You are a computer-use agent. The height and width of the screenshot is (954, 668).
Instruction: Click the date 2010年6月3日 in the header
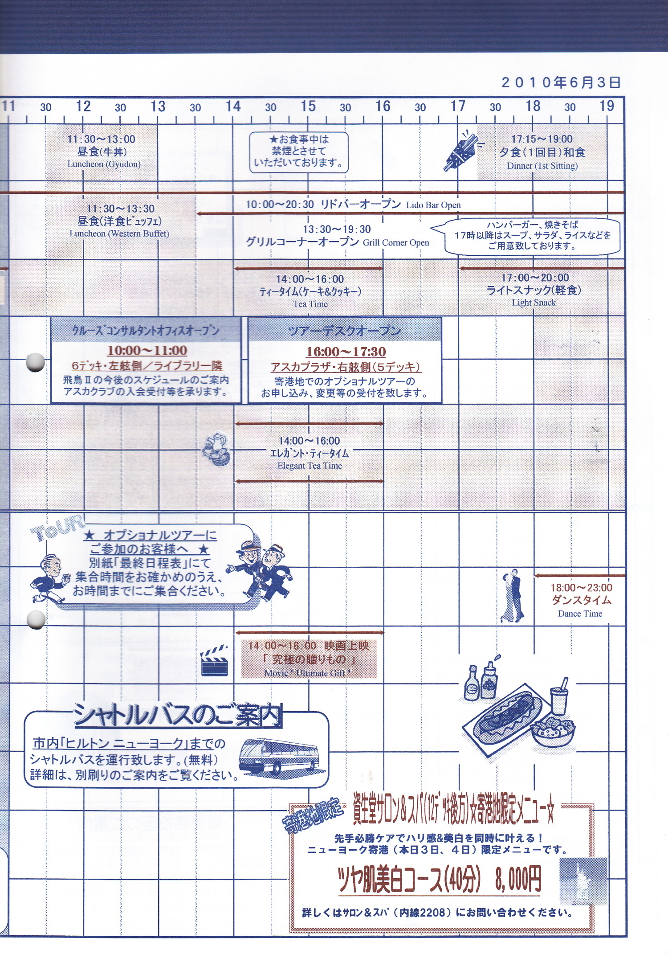pos(561,82)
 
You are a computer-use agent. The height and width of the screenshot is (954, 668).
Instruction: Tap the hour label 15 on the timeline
pos(308,106)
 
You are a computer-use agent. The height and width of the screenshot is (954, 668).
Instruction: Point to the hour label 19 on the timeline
pos(607,106)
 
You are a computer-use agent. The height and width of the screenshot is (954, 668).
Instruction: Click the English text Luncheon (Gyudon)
pos(104,164)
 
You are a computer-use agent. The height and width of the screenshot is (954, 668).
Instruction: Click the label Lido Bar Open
pos(433,205)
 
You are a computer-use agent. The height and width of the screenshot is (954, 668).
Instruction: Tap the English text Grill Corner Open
pos(396,243)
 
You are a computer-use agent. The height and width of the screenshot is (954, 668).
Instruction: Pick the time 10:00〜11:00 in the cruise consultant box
pos(147,351)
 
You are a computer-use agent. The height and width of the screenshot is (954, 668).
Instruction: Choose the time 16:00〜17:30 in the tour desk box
pos(346,352)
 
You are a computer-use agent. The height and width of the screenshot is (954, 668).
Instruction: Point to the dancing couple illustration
pos(512,595)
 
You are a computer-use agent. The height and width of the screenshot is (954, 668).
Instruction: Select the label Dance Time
pos(580,614)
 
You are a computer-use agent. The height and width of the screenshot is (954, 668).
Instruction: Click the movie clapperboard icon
pos(214,660)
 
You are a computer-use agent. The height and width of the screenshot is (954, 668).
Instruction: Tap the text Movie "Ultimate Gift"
pos(307,673)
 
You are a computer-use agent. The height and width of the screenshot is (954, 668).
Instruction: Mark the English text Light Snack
pos(534,303)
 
